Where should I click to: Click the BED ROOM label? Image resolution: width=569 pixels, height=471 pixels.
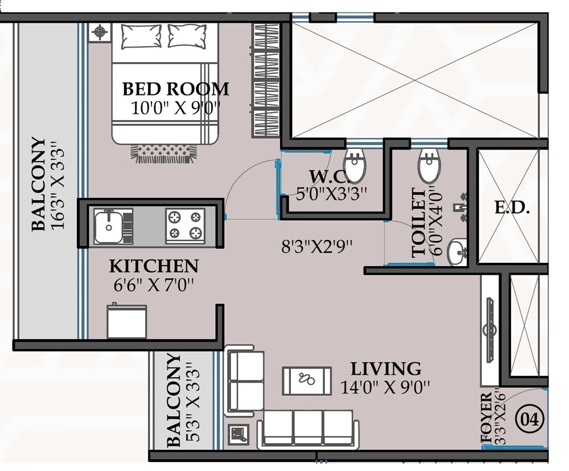click(176, 89)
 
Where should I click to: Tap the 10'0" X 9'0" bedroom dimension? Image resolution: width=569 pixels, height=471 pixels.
click(176, 108)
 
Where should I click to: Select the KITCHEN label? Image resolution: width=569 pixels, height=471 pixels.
click(154, 266)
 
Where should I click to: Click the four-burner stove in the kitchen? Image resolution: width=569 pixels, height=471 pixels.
click(185, 225)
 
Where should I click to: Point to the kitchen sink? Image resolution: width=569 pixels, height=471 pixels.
click(108, 226)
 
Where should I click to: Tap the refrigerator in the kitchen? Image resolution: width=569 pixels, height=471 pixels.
click(126, 321)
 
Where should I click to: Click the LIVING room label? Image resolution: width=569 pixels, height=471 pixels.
click(385, 369)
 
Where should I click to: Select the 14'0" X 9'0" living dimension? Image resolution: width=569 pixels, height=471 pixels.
click(385, 387)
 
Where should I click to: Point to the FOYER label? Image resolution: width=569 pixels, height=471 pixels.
click(487, 418)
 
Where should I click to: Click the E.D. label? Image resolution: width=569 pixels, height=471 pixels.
click(512, 208)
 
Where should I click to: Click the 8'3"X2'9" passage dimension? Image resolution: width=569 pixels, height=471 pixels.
click(318, 247)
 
